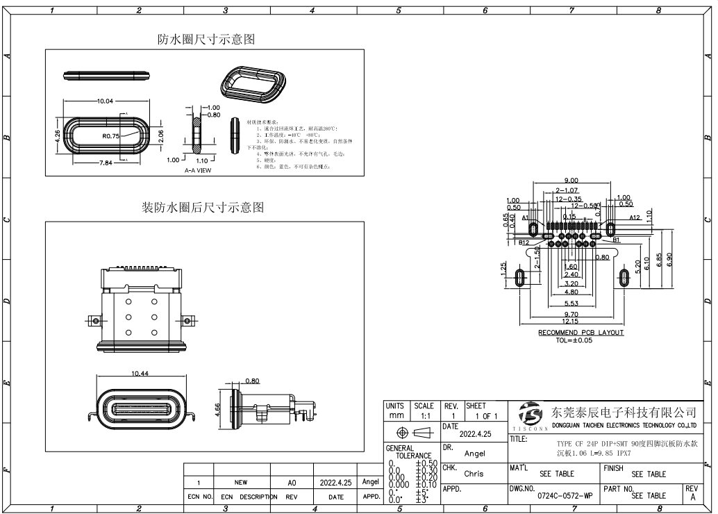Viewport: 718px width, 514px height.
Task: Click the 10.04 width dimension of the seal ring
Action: (x=105, y=101)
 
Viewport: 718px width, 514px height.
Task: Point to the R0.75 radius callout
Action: (x=112, y=136)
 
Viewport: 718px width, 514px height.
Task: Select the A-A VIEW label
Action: (x=198, y=169)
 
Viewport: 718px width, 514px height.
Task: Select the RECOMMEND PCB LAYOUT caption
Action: (x=581, y=333)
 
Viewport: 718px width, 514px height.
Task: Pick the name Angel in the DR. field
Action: (x=474, y=453)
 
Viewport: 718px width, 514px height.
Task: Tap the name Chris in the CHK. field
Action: (x=474, y=474)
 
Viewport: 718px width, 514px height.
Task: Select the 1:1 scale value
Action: (x=424, y=415)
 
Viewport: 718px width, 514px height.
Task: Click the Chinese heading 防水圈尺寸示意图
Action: (x=206, y=40)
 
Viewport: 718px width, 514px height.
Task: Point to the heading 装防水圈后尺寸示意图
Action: (x=203, y=208)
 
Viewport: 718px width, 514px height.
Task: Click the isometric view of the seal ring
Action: (x=253, y=85)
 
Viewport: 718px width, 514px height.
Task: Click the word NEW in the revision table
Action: (x=240, y=481)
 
